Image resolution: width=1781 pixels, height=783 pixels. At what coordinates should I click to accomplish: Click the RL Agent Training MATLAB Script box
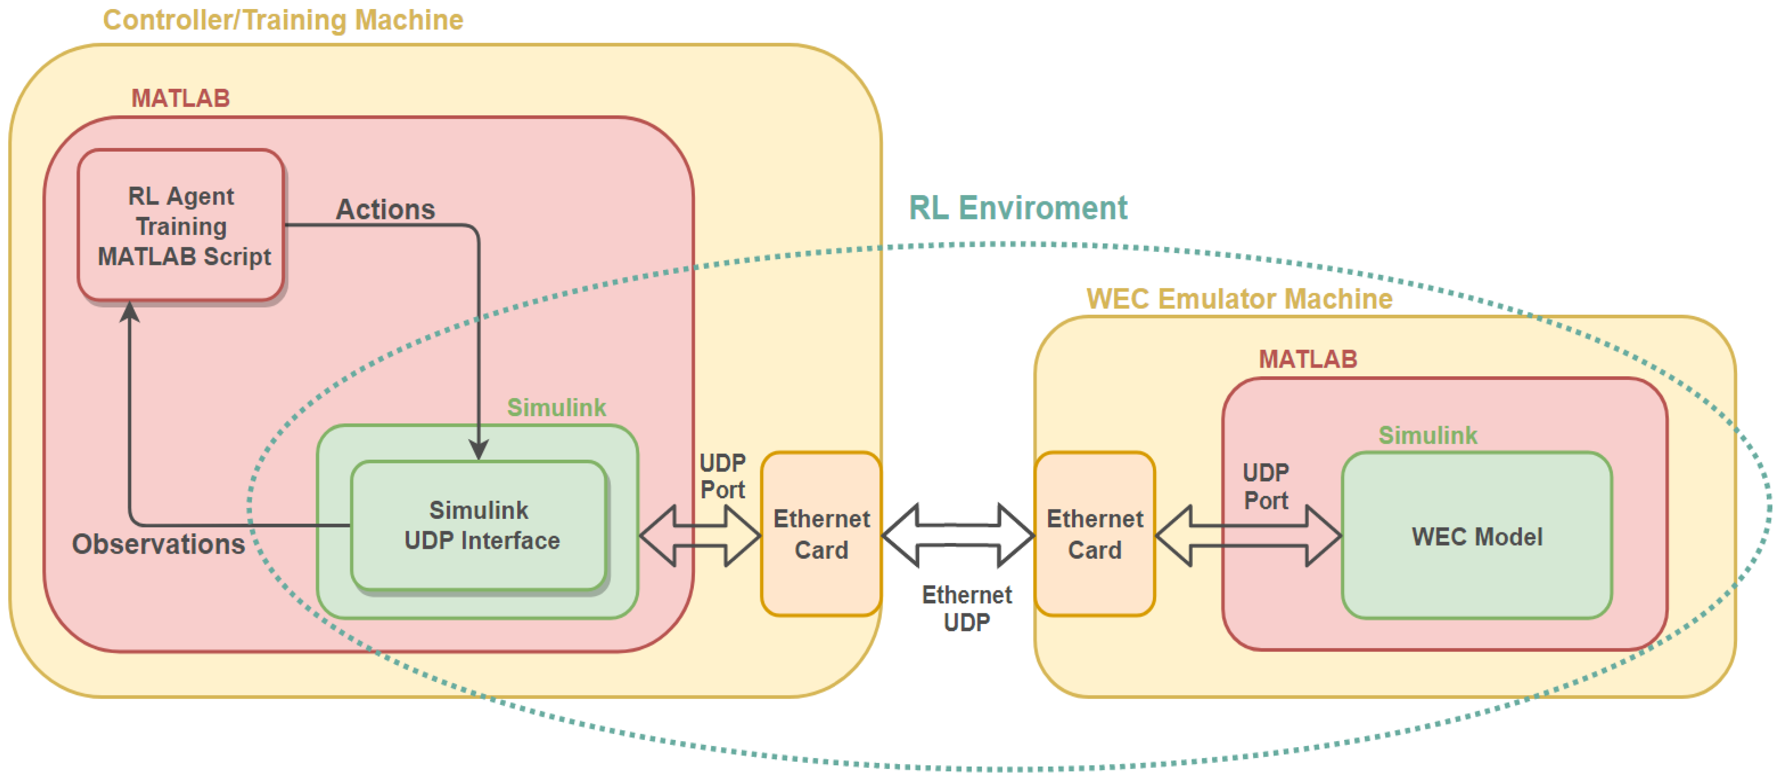pyautogui.click(x=181, y=226)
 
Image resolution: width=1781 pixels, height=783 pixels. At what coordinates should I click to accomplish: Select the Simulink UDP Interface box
pyautogui.click(x=479, y=526)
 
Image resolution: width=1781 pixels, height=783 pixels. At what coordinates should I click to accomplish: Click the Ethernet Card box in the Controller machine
pyautogui.click(x=821, y=534)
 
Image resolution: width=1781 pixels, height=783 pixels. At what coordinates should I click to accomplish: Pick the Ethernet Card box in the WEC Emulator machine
pyautogui.click(x=1095, y=534)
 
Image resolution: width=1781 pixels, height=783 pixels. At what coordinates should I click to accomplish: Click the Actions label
pyautogui.click(x=385, y=209)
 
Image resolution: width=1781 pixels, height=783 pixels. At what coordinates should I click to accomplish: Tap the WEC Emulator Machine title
pyautogui.click(x=1239, y=299)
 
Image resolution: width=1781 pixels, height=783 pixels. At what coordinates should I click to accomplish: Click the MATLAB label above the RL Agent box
pyautogui.click(x=181, y=98)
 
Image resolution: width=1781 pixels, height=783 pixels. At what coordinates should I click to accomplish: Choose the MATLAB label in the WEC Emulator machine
pyautogui.click(x=1307, y=359)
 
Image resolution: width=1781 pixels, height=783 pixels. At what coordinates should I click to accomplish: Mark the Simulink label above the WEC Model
pyautogui.click(x=1427, y=435)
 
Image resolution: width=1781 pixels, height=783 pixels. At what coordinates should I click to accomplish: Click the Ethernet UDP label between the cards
pyautogui.click(x=966, y=608)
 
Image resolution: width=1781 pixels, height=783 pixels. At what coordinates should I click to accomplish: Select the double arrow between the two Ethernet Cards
pyautogui.click(x=957, y=535)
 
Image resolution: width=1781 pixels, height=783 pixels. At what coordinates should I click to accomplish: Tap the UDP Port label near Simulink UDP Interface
pyautogui.click(x=723, y=476)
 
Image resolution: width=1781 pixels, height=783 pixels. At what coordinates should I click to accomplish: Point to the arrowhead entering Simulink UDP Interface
pyautogui.click(x=478, y=449)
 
